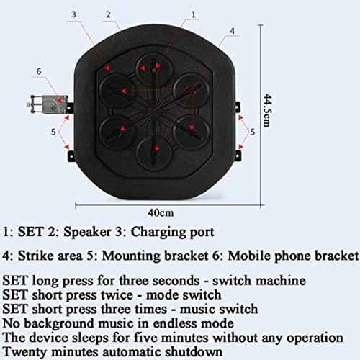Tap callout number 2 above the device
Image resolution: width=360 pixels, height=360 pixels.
107,14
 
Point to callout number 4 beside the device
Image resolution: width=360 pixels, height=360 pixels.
231,31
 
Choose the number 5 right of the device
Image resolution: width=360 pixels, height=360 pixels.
252,132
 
